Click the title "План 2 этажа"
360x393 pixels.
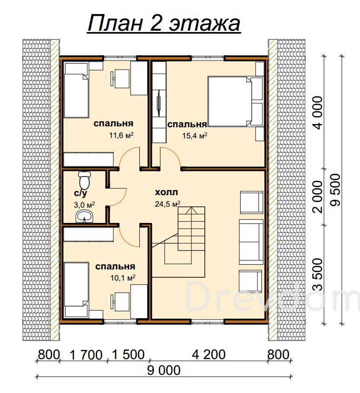(x=164, y=23)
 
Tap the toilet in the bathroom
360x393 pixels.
(x=85, y=180)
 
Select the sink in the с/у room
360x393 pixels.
(x=85, y=216)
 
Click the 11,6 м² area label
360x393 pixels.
(x=121, y=135)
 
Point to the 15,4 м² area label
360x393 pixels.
(x=195, y=136)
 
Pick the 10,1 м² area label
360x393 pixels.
(x=123, y=278)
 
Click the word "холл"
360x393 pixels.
(x=166, y=192)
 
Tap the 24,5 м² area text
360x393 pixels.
(x=168, y=204)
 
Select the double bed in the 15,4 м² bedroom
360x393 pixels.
(x=236, y=101)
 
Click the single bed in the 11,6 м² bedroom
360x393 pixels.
(x=77, y=90)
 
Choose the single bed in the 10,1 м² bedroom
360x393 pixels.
(x=77, y=290)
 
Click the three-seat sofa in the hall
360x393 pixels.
(x=251, y=242)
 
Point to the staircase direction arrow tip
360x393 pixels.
(x=191, y=207)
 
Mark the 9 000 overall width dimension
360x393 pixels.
(x=164, y=370)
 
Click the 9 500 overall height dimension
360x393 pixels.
(x=336, y=190)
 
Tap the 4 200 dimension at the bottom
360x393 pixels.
(x=209, y=354)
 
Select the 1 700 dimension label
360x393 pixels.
(x=86, y=355)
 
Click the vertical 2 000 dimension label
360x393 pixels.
(x=318, y=196)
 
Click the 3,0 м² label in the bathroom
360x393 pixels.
(x=84, y=205)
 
